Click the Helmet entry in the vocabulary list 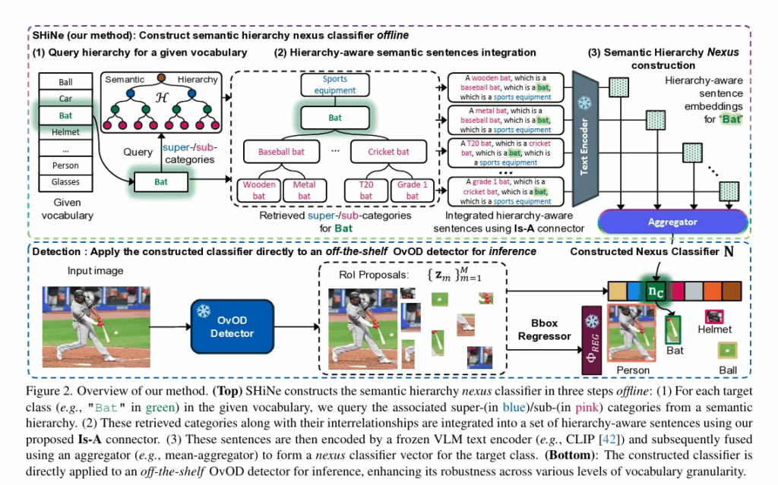coord(66,133)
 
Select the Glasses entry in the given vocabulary coord(66,182)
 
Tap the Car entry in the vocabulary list coord(66,99)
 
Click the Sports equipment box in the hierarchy coord(335,84)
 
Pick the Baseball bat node coord(281,152)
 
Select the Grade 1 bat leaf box coord(412,191)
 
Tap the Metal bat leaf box coord(304,191)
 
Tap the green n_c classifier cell coord(652,291)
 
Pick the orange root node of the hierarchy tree coord(161,78)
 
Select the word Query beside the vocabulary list coord(138,152)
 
